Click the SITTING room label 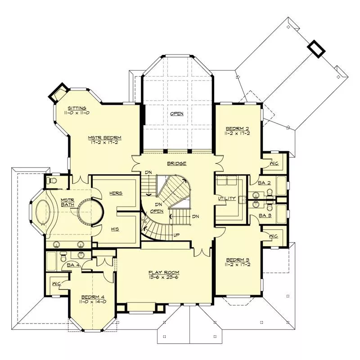point(77,108)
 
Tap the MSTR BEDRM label point(105,138)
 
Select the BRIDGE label point(176,163)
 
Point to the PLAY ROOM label point(164,273)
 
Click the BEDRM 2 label point(238,129)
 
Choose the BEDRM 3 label point(238,260)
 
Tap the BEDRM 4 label point(93,297)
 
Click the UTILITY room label point(227,198)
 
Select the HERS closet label point(116,193)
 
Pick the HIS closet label point(115,229)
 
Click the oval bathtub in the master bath point(43,211)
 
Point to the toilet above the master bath point(51,181)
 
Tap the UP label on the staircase point(176,235)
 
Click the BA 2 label point(264,183)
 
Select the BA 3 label point(265,216)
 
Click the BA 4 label point(73,265)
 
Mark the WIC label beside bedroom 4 point(57,284)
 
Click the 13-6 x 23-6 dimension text point(164,277)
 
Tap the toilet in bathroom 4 point(63,257)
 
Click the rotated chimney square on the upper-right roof point(316,49)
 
